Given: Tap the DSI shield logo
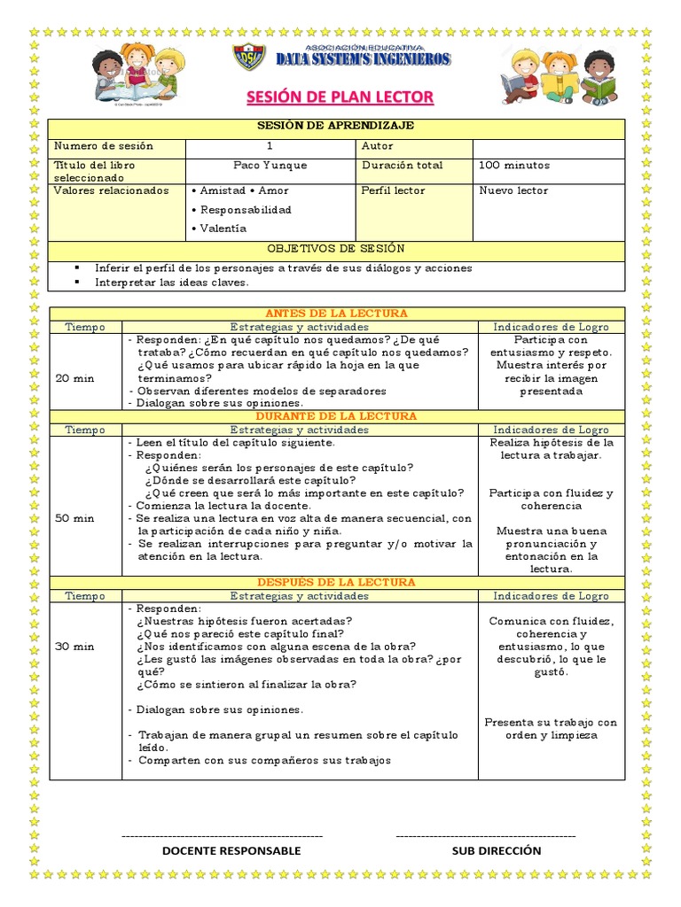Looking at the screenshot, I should pyautogui.click(x=248, y=58).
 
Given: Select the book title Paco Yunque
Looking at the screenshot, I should pyautogui.click(x=270, y=165).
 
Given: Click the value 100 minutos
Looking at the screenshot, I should pyautogui.click(x=514, y=165).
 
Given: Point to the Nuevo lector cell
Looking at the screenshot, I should pyautogui.click(x=513, y=190).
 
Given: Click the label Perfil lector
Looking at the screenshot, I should pyautogui.click(x=393, y=190).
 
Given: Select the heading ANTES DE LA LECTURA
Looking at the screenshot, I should pyautogui.click(x=336, y=314).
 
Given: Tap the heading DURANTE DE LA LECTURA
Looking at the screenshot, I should pyautogui.click(x=336, y=416).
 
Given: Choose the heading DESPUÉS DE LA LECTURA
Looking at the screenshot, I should pyautogui.click(x=336, y=583).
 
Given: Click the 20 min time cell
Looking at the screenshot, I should pyautogui.click(x=74, y=377).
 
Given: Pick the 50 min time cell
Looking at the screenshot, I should pyautogui.click(x=74, y=518).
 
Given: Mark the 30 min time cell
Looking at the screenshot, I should pyautogui.click(x=74, y=647).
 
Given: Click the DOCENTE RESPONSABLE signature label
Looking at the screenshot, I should pyautogui.click(x=231, y=850).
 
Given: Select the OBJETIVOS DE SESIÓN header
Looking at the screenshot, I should pyautogui.click(x=336, y=249).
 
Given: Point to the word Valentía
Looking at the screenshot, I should pyautogui.click(x=223, y=229).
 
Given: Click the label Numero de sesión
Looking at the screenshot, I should pyautogui.click(x=104, y=146).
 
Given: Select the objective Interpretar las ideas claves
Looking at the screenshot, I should pyautogui.click(x=172, y=283).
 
